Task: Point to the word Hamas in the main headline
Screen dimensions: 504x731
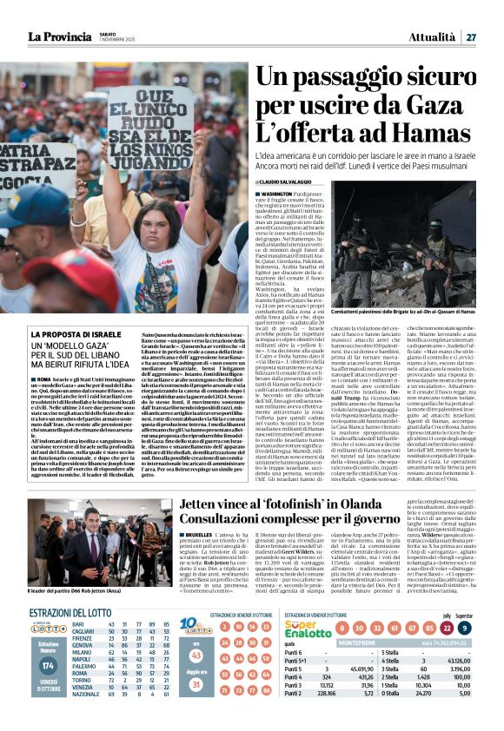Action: tap(426, 135)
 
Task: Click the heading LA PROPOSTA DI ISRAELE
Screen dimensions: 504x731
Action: tap(76, 334)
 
